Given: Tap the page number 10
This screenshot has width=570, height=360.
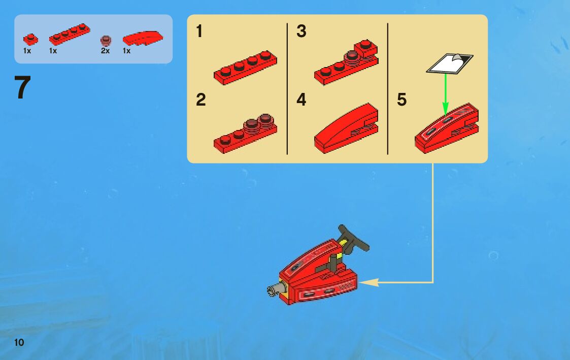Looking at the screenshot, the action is click(x=19, y=342).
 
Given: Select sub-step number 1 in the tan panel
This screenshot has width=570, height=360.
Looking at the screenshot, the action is click(x=199, y=31).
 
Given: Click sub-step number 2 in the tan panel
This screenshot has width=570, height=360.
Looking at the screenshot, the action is click(x=200, y=100).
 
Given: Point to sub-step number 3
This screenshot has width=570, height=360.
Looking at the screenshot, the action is click(x=301, y=31).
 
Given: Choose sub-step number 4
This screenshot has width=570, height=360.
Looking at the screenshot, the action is click(x=301, y=100).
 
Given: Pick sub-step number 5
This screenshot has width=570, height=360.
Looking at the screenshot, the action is click(x=401, y=100).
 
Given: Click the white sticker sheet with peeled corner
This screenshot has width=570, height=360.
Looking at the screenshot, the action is click(x=450, y=63).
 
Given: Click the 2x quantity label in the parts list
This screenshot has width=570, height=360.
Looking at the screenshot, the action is click(x=105, y=51).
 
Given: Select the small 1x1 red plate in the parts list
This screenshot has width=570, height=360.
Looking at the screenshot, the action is click(x=30, y=39).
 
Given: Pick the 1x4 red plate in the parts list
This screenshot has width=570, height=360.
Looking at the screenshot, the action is click(x=70, y=34).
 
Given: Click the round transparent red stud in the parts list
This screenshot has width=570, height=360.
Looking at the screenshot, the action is click(x=106, y=40).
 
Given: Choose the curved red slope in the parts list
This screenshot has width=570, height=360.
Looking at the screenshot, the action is click(x=143, y=38).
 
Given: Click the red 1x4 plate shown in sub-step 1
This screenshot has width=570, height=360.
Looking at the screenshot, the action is click(x=245, y=68).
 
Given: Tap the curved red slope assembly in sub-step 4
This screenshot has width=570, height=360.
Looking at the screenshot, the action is click(x=346, y=128).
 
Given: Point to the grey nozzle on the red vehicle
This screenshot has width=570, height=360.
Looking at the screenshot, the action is click(x=276, y=289).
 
